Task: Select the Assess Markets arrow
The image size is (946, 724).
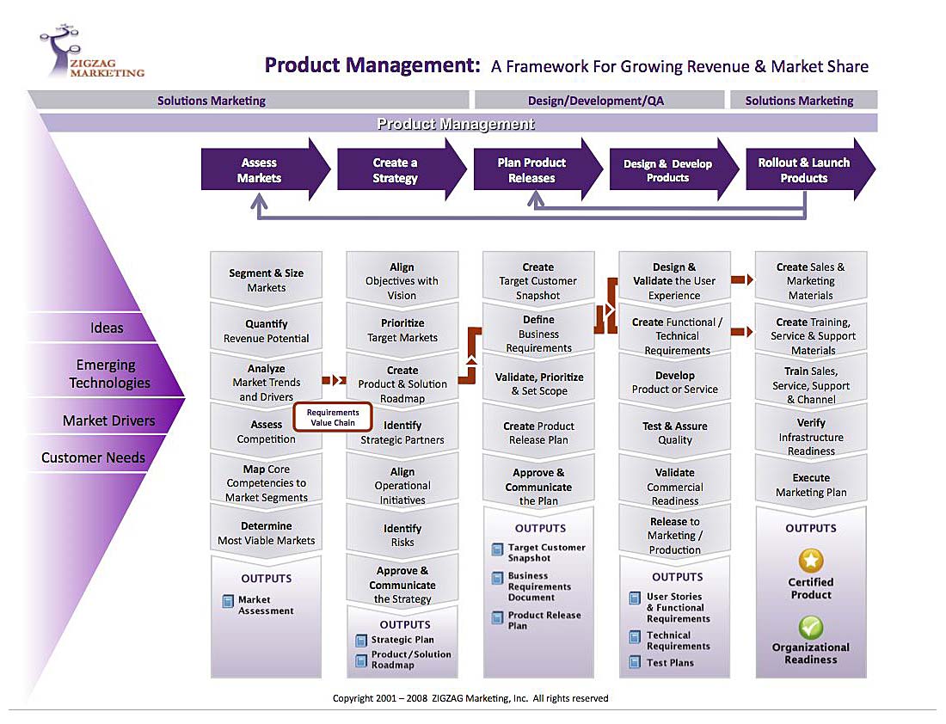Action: click(x=266, y=169)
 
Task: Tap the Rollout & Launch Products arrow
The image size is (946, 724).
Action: click(x=810, y=169)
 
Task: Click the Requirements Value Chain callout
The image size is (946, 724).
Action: click(x=333, y=418)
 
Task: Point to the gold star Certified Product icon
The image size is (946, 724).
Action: click(x=811, y=561)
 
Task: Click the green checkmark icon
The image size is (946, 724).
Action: click(x=811, y=628)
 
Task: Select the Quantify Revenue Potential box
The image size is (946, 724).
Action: click(x=266, y=331)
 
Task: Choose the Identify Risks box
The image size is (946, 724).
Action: click(x=402, y=535)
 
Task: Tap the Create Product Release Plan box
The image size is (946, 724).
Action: click(x=538, y=433)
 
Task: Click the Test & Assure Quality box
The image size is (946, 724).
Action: click(x=675, y=433)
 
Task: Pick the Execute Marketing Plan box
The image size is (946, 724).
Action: click(x=811, y=484)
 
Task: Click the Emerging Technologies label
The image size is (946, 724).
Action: click(x=109, y=373)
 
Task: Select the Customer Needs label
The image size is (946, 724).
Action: click(x=93, y=457)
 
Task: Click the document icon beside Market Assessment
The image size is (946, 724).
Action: click(x=228, y=601)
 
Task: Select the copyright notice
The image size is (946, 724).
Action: click(x=470, y=698)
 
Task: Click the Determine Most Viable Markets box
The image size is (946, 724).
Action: click(x=266, y=533)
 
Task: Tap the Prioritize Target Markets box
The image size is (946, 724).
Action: click(x=402, y=330)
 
